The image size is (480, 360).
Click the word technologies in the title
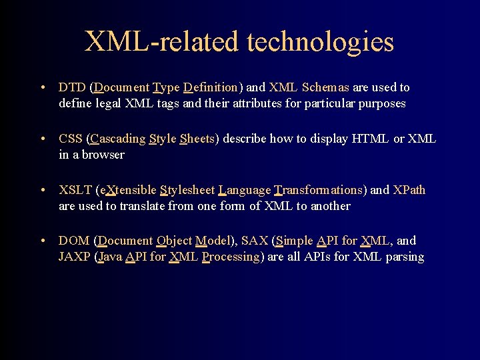(321, 42)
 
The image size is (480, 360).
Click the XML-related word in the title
(161, 41)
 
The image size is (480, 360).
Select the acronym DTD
(72, 87)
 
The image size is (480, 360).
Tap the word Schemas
(326, 87)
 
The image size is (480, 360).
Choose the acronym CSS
(71, 139)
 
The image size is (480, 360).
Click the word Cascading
(117, 139)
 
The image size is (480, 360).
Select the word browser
(103, 155)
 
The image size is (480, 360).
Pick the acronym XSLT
(75, 190)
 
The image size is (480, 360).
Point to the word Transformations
(319, 190)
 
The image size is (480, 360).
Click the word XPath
(409, 190)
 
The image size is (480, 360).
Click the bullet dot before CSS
(43, 139)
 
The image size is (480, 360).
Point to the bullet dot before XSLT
(43, 190)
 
